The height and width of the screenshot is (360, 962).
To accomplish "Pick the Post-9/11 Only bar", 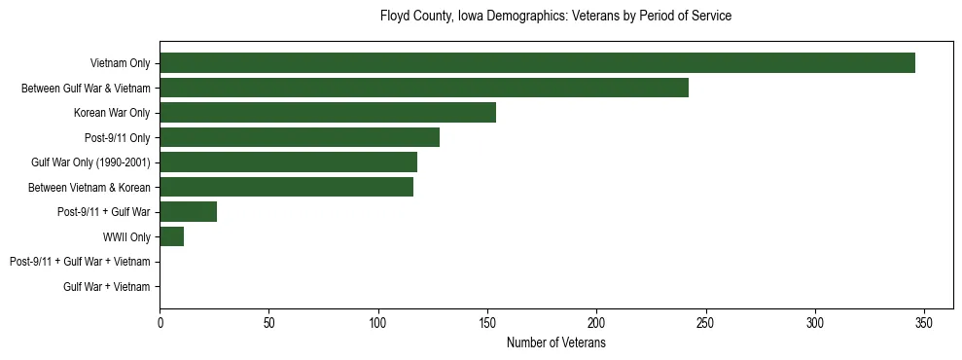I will coord(300,137).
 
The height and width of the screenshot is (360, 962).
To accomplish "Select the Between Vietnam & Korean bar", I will coord(286,187).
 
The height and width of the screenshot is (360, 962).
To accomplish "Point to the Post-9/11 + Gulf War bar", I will coord(189,212).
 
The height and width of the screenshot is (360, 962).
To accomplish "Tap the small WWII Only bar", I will coord(172,236).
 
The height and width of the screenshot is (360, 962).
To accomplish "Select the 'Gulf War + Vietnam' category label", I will coord(106,287).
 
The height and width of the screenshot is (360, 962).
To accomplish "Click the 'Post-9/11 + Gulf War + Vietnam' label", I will coord(80,262).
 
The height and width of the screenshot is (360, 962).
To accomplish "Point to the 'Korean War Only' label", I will coord(112,113).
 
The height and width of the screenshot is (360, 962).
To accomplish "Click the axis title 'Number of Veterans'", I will coord(555,343).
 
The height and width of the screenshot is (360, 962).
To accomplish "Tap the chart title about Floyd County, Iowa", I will coord(555,17).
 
